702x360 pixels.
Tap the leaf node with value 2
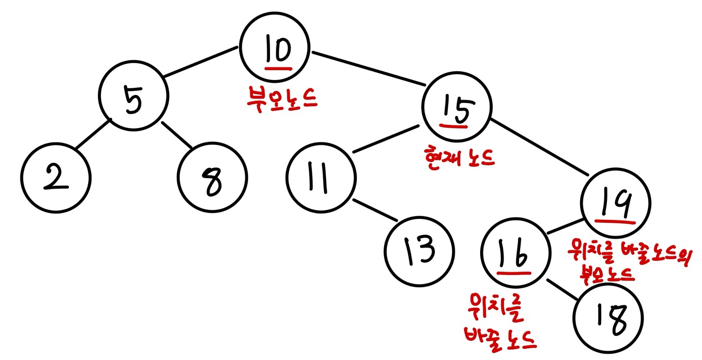[56, 178]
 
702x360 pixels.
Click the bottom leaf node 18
[608, 319]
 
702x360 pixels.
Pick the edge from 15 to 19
[539, 146]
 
